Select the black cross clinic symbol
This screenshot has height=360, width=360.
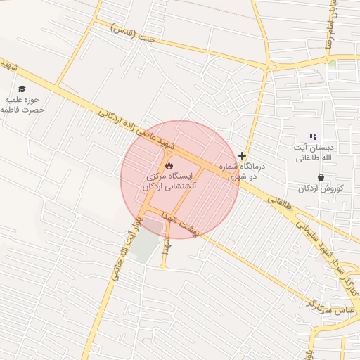(x=243, y=155)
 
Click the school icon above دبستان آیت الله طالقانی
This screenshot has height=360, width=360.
(x=313, y=136)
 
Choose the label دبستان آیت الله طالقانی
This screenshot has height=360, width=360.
(x=313, y=153)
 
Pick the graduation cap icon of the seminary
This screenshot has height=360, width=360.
(x=22, y=89)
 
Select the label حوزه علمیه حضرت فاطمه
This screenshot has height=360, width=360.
(x=22, y=105)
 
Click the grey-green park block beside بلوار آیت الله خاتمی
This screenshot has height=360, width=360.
(x=146, y=247)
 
